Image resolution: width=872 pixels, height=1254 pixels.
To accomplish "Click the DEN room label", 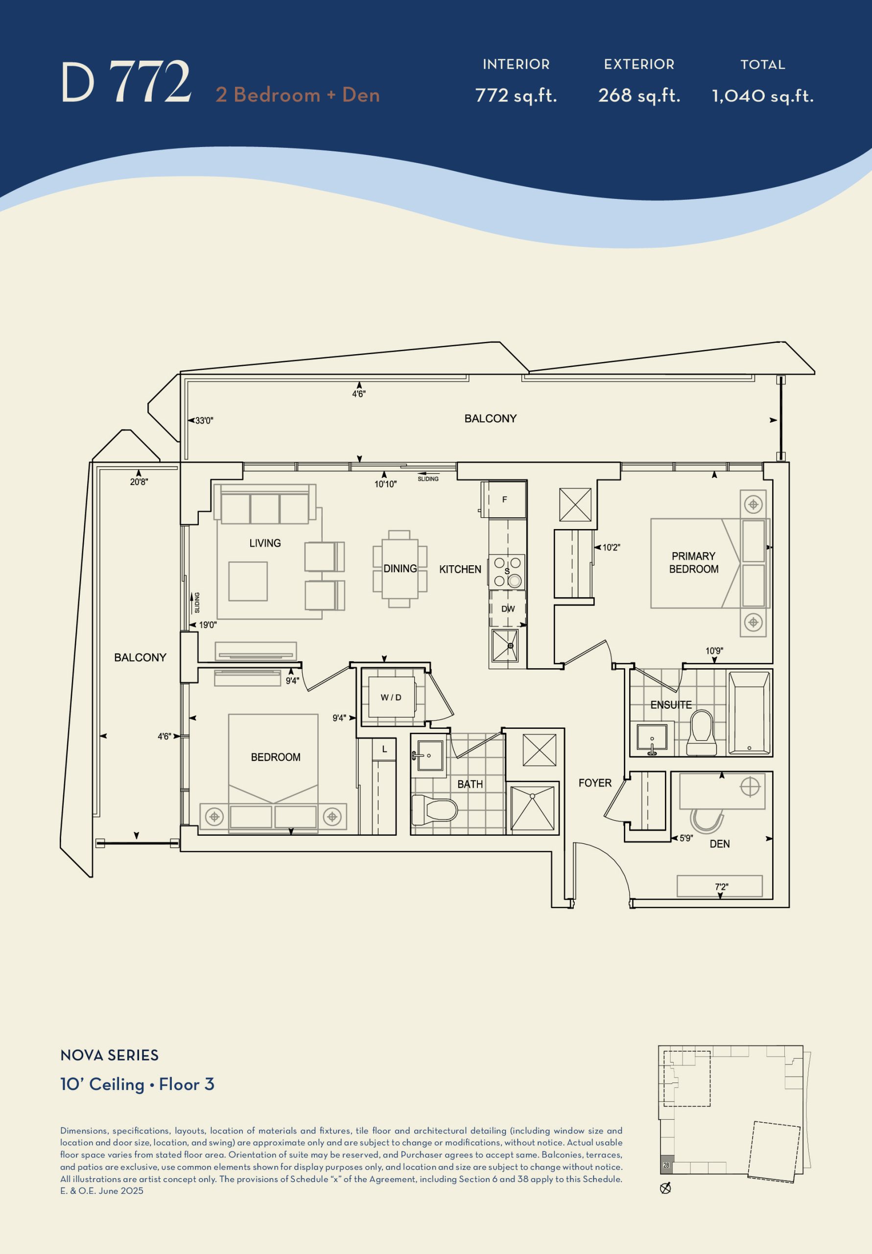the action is click(x=719, y=844).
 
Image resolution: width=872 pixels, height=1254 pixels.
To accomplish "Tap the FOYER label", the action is click(x=594, y=783).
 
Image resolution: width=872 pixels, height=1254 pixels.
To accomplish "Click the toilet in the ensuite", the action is click(x=701, y=733).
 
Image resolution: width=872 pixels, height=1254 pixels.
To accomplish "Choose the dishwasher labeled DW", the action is click(x=507, y=608).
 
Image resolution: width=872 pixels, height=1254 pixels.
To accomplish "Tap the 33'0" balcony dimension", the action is click(x=204, y=421).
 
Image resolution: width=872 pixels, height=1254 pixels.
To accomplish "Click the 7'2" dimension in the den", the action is click(x=721, y=887).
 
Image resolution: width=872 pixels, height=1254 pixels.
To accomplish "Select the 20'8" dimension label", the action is click(x=139, y=482).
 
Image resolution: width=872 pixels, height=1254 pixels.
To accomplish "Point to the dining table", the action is click(x=400, y=569).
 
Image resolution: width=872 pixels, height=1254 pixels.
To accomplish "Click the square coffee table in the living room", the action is click(x=248, y=581).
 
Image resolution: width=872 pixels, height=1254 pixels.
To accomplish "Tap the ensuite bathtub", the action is click(x=749, y=713).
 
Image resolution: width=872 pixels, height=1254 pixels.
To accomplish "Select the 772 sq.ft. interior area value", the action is click(x=516, y=96).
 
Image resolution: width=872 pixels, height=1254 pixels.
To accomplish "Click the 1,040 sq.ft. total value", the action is click(x=763, y=96).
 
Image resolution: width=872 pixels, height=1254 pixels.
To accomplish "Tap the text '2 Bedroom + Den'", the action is click(x=298, y=95).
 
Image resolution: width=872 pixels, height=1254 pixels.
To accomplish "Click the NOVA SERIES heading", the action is click(x=109, y=1055).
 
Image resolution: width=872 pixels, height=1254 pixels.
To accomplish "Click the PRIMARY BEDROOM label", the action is click(x=693, y=562).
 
